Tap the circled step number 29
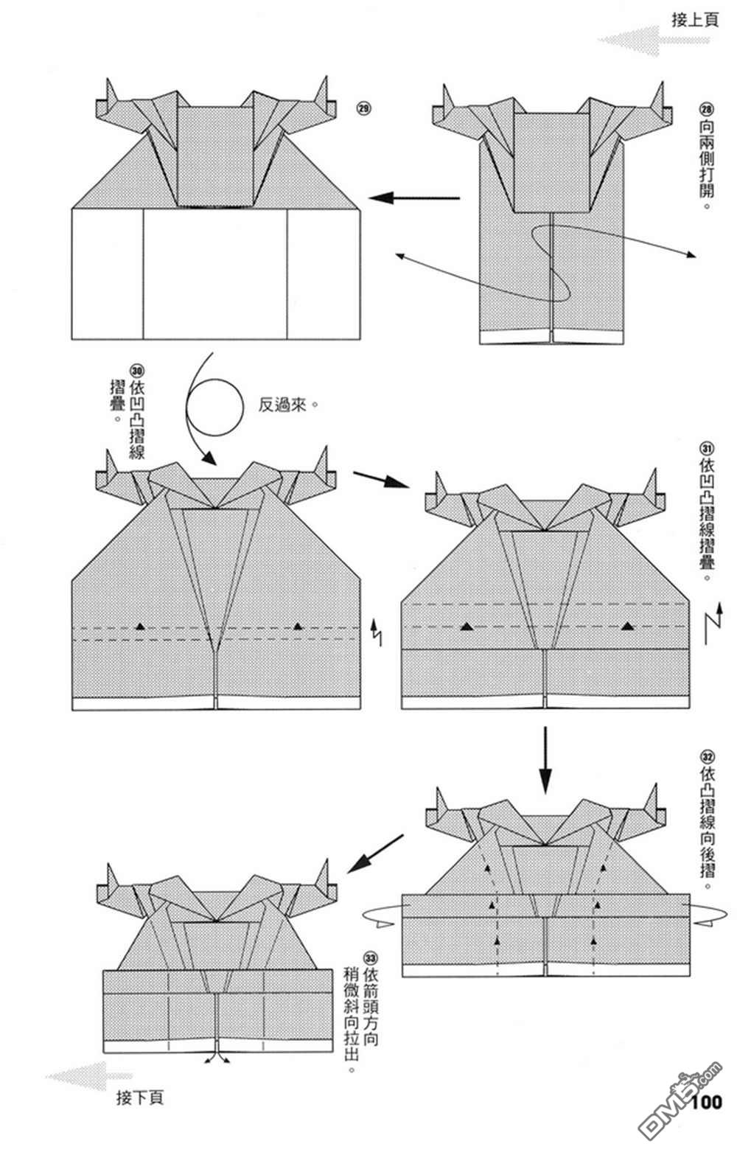[x=363, y=109]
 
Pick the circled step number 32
[x=706, y=756]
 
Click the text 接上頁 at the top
[x=694, y=19]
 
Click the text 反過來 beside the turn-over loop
[x=283, y=405]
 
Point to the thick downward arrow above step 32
[x=545, y=759]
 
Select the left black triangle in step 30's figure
[x=140, y=626]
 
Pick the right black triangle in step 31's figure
[x=628, y=626]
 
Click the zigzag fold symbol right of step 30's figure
[x=377, y=629]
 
